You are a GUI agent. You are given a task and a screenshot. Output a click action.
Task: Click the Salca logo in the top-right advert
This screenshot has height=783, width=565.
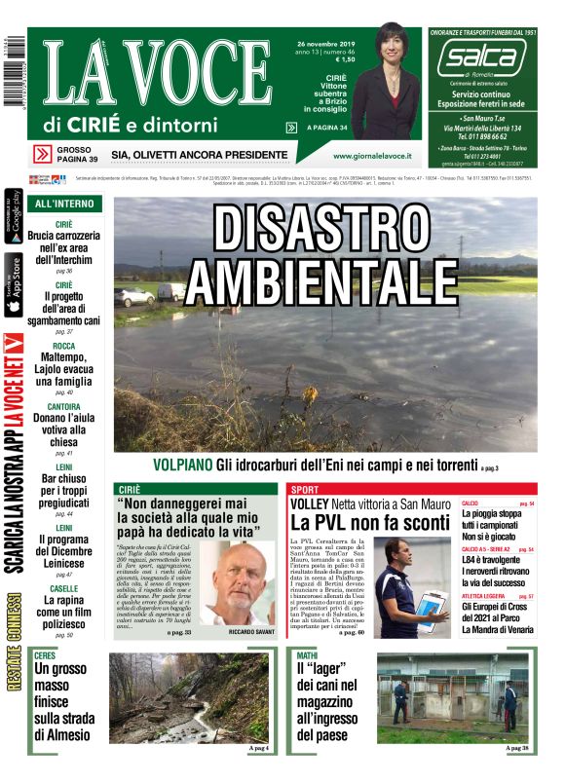pos(480,60)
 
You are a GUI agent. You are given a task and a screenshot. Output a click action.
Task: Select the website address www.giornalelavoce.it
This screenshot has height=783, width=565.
pos(371,156)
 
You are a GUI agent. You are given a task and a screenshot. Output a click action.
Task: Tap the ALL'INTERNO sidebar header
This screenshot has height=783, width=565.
pos(64,204)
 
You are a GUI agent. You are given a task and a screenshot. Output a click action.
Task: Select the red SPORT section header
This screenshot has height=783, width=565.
pos(304,489)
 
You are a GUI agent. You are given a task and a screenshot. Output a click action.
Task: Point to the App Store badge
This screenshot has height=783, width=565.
pos(14,284)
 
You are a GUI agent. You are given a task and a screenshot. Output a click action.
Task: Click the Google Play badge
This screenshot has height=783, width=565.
pos(14,223)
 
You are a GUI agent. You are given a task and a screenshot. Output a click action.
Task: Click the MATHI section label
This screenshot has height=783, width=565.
pos(307,656)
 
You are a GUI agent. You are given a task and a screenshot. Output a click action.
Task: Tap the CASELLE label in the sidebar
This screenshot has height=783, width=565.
pos(64,588)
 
